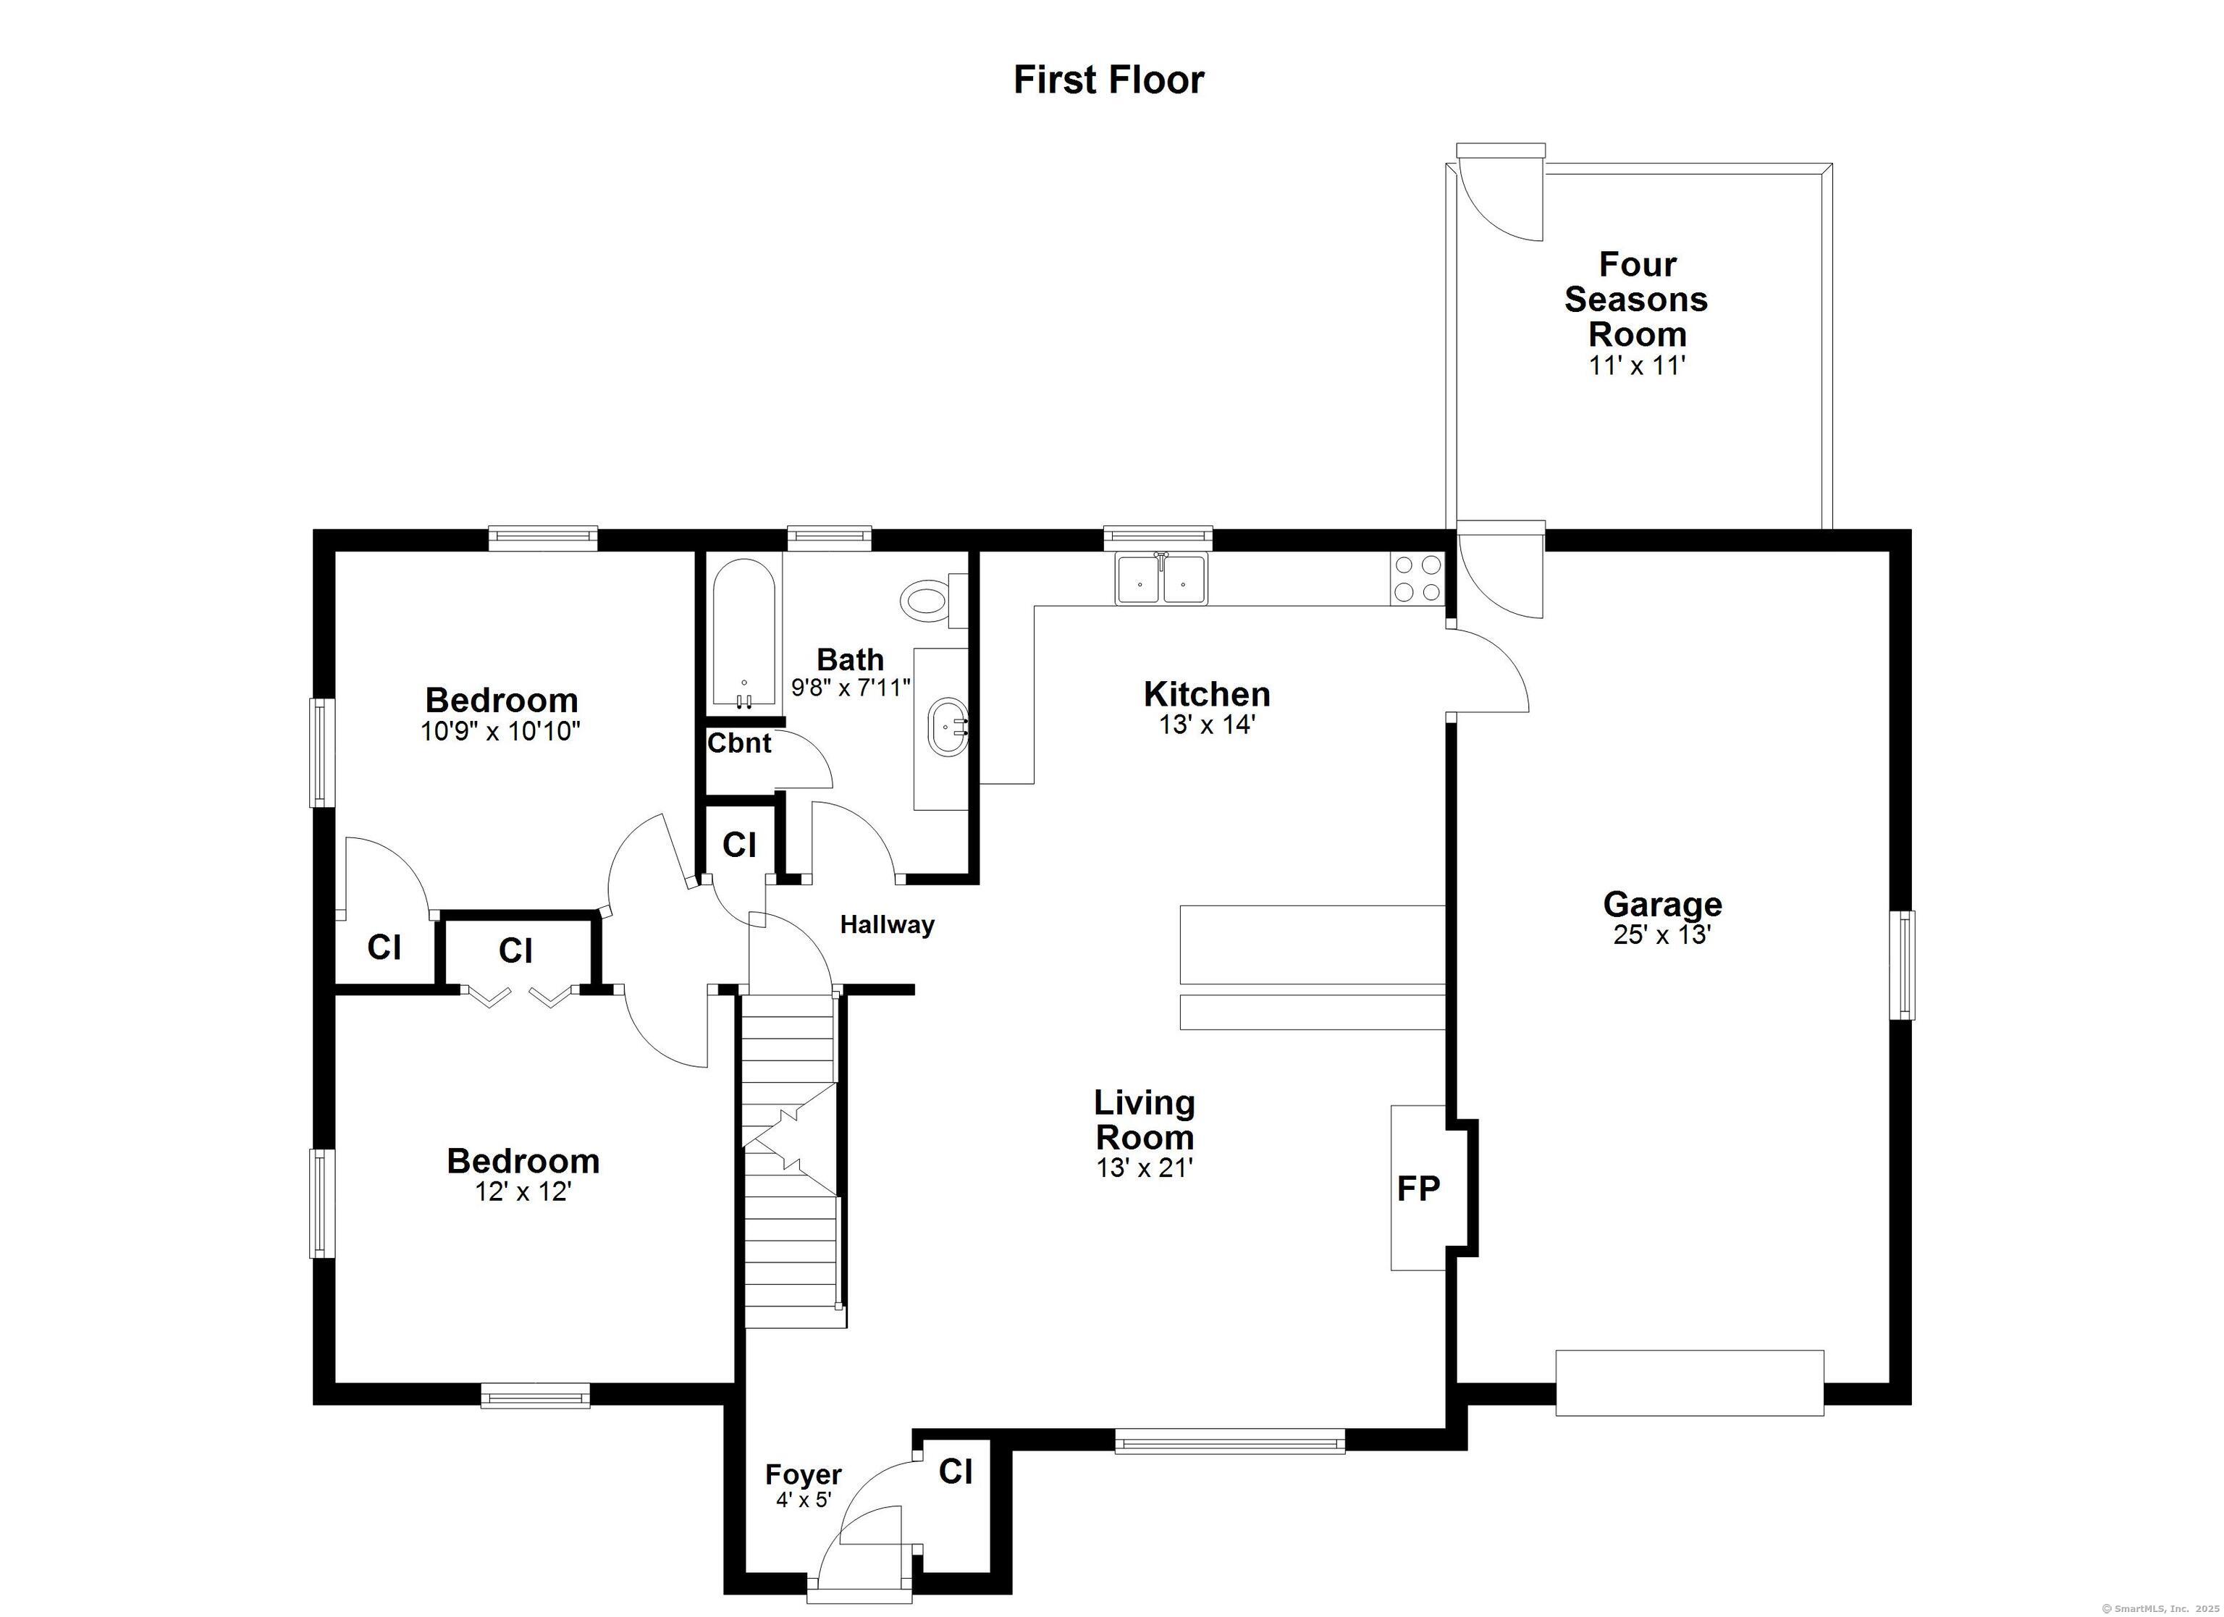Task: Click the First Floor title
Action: tap(1108, 80)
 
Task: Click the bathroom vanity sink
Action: tap(947, 727)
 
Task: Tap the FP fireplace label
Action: tap(1418, 1189)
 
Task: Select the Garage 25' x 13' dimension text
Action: tap(1661, 934)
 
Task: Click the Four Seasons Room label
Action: tap(1635, 298)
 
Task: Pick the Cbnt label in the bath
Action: tap(739, 743)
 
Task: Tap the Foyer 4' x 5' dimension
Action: tap(803, 1499)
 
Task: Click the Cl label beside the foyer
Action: tap(955, 1471)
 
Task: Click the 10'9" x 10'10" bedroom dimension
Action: tap(500, 732)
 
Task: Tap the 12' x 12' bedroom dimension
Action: tap(522, 1191)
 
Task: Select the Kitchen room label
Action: tap(1206, 694)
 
